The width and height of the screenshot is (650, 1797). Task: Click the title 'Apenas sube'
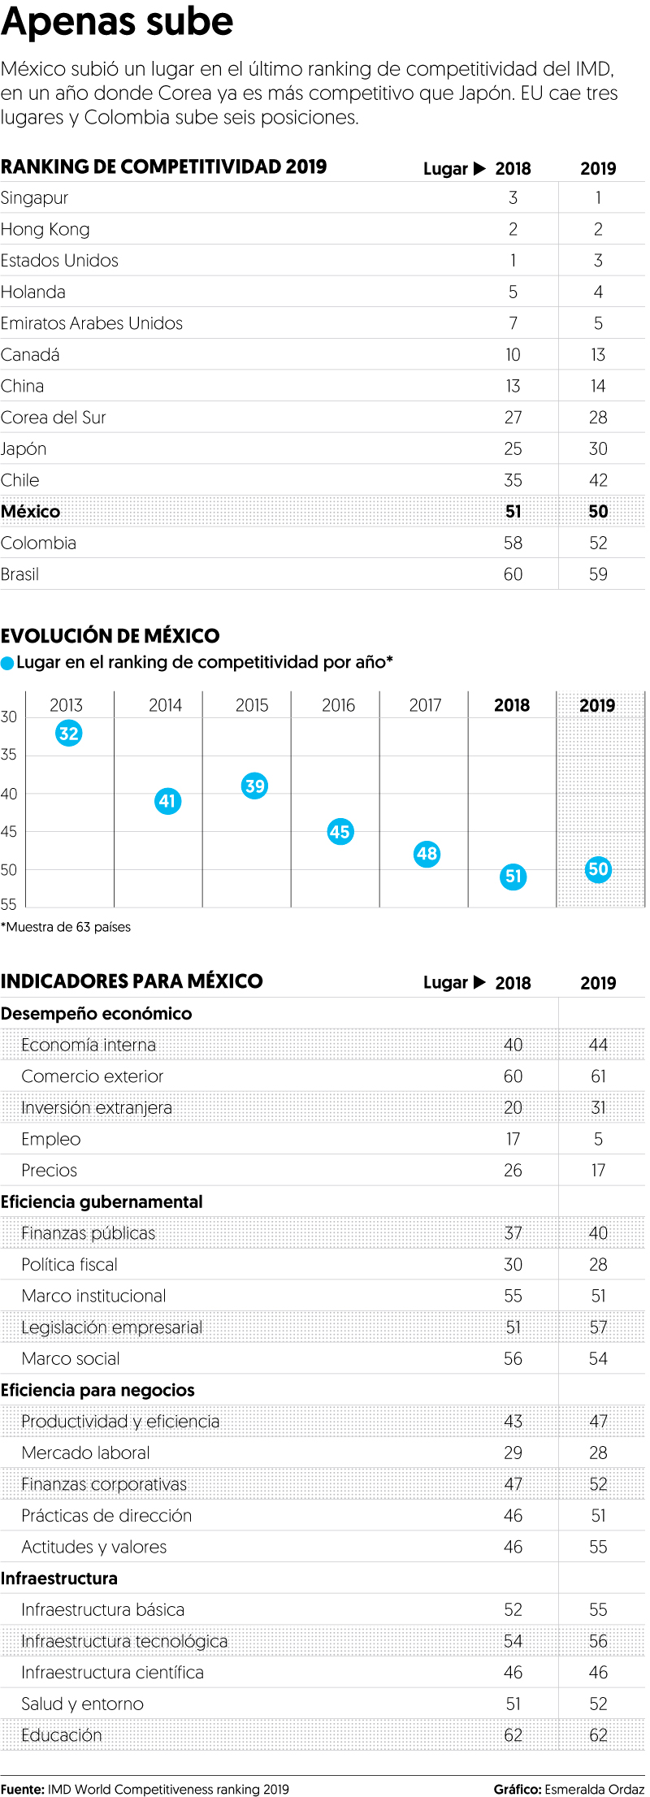point(117,21)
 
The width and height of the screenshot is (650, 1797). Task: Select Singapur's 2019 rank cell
point(598,198)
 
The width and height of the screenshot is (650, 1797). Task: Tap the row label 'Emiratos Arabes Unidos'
point(92,323)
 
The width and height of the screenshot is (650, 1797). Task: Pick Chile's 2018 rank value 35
point(513,480)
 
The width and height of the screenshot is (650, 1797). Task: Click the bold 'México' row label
point(31,512)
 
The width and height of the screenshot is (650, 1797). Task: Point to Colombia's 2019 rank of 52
point(598,543)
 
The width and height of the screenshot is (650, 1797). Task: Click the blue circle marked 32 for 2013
point(68,734)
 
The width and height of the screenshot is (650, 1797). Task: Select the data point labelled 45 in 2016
point(340,832)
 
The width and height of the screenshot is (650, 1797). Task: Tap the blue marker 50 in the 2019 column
point(598,869)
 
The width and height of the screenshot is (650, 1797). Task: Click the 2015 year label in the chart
point(252,705)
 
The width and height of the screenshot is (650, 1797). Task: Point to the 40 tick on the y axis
point(9,794)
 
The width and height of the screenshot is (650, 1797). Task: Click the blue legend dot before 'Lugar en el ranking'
point(7,664)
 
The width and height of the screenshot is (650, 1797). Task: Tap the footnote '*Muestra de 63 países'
point(66,927)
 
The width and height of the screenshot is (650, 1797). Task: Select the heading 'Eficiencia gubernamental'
point(102,1202)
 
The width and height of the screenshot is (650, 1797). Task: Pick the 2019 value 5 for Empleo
point(598,1139)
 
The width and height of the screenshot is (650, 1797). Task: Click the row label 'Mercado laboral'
point(85,1453)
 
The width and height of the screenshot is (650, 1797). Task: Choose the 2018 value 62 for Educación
point(513,1735)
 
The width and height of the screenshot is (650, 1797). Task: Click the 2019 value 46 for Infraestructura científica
point(598,1672)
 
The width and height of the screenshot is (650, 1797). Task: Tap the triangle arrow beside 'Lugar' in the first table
point(479,169)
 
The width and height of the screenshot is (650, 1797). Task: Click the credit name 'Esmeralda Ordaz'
point(594,1789)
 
